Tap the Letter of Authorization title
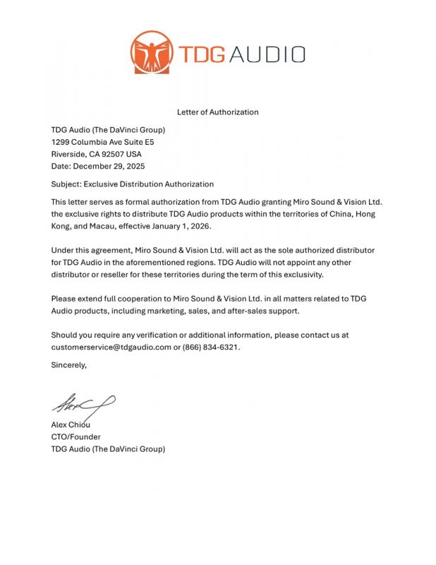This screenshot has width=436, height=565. coord(217,112)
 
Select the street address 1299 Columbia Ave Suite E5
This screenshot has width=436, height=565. coord(102,142)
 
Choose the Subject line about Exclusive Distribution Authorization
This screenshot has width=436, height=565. coord(132,184)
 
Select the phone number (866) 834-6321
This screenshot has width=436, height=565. coord(211,347)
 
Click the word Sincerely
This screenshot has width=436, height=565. coord(68,365)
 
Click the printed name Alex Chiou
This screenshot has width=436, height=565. coord(71,424)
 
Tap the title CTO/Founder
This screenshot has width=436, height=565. coord(75,436)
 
